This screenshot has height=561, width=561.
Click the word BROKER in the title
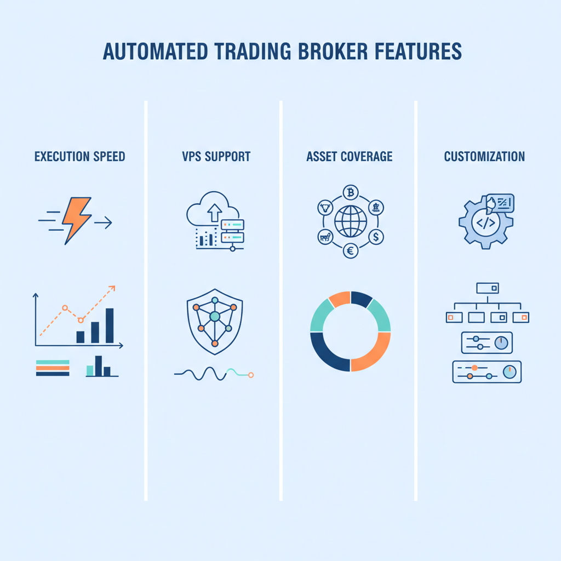coord(333,51)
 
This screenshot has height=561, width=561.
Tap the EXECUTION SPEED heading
coord(80,156)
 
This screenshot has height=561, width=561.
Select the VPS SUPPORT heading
coord(216,156)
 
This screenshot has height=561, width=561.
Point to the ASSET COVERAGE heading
coord(350,156)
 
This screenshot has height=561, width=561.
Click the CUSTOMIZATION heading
coord(484,156)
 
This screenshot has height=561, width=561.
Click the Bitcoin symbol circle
coord(351,193)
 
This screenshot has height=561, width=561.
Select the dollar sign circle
coord(376,237)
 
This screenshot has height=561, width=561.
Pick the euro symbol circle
coord(351,251)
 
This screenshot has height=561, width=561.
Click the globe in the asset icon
coord(351,221)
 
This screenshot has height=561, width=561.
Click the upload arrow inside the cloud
coord(215,213)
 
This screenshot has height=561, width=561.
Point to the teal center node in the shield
coord(215,316)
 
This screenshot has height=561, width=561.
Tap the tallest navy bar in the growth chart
coord(110,325)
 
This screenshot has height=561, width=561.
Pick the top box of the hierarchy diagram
coord(487,288)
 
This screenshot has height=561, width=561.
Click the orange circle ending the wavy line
coord(251,375)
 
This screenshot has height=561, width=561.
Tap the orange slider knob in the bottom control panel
coord(474,368)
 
